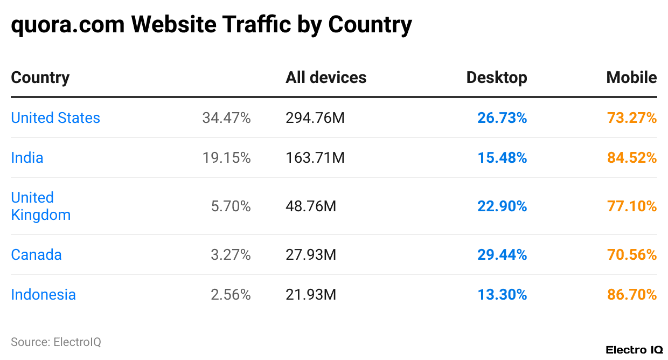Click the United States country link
point(55,118)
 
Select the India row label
point(27,158)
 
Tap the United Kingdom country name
point(40,206)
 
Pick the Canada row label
point(36,255)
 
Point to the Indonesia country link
point(43,295)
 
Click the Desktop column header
point(496,78)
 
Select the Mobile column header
point(631,78)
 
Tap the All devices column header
point(326,78)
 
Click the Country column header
point(40,78)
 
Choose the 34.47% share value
point(226,118)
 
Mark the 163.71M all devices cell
point(315,158)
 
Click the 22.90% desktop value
point(502,206)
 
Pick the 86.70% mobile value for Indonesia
point(632,295)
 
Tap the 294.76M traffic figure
point(315,118)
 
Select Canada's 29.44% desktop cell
point(502,255)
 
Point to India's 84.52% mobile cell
point(632,158)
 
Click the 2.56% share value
point(231,295)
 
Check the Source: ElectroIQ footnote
point(56,342)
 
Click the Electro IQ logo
point(634,350)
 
